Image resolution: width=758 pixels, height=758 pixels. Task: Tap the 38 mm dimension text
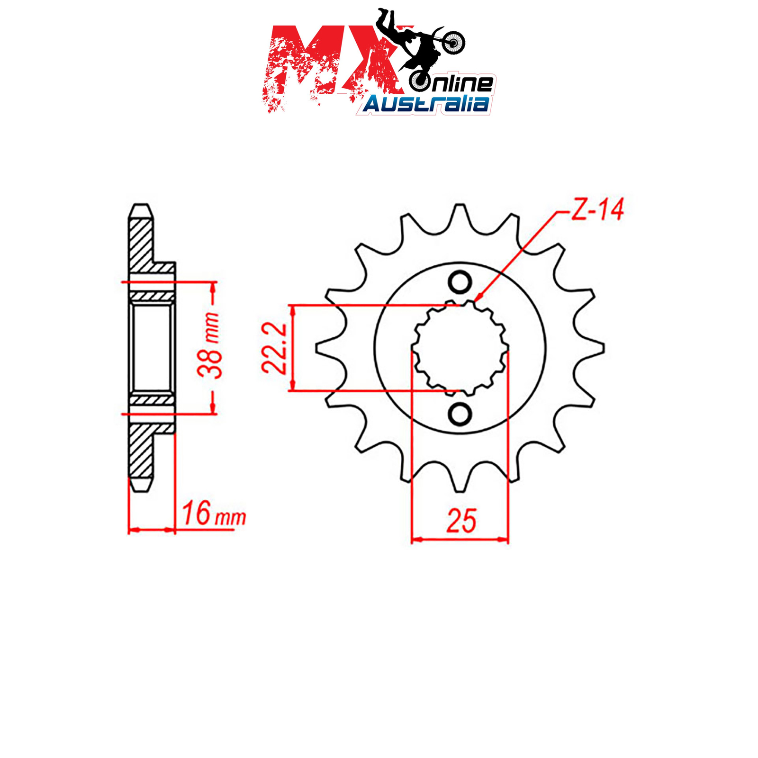[209, 345]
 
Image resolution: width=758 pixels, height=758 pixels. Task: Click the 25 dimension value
[461, 522]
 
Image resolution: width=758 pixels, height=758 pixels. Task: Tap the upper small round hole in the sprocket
[460, 283]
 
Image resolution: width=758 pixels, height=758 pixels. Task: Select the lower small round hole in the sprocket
[460, 414]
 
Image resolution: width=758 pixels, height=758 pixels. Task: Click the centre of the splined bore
[460, 348]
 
